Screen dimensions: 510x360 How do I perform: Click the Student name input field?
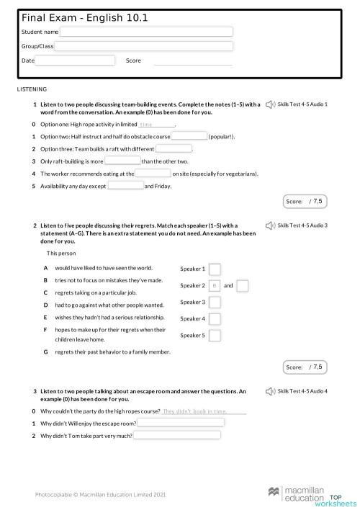[147, 32]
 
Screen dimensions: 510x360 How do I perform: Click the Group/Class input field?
[144, 46]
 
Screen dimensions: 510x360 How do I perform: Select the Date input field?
[70, 61]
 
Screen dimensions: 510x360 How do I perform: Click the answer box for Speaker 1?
[215, 269]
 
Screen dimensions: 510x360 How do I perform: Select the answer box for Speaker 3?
[215, 303]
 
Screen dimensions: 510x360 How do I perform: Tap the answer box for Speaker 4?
[215, 319]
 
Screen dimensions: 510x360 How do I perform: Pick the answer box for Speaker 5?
[215, 336]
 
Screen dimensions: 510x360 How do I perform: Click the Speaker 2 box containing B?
[215, 286]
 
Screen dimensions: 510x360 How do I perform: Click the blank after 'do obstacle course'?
[189, 136]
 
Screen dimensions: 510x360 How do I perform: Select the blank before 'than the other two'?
[123, 161]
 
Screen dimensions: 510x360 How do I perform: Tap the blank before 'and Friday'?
[125, 186]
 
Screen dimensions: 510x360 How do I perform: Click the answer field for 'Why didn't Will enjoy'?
[181, 423]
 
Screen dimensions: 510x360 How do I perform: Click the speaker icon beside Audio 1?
[270, 104]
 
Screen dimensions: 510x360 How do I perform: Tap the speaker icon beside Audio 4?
[270, 391]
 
